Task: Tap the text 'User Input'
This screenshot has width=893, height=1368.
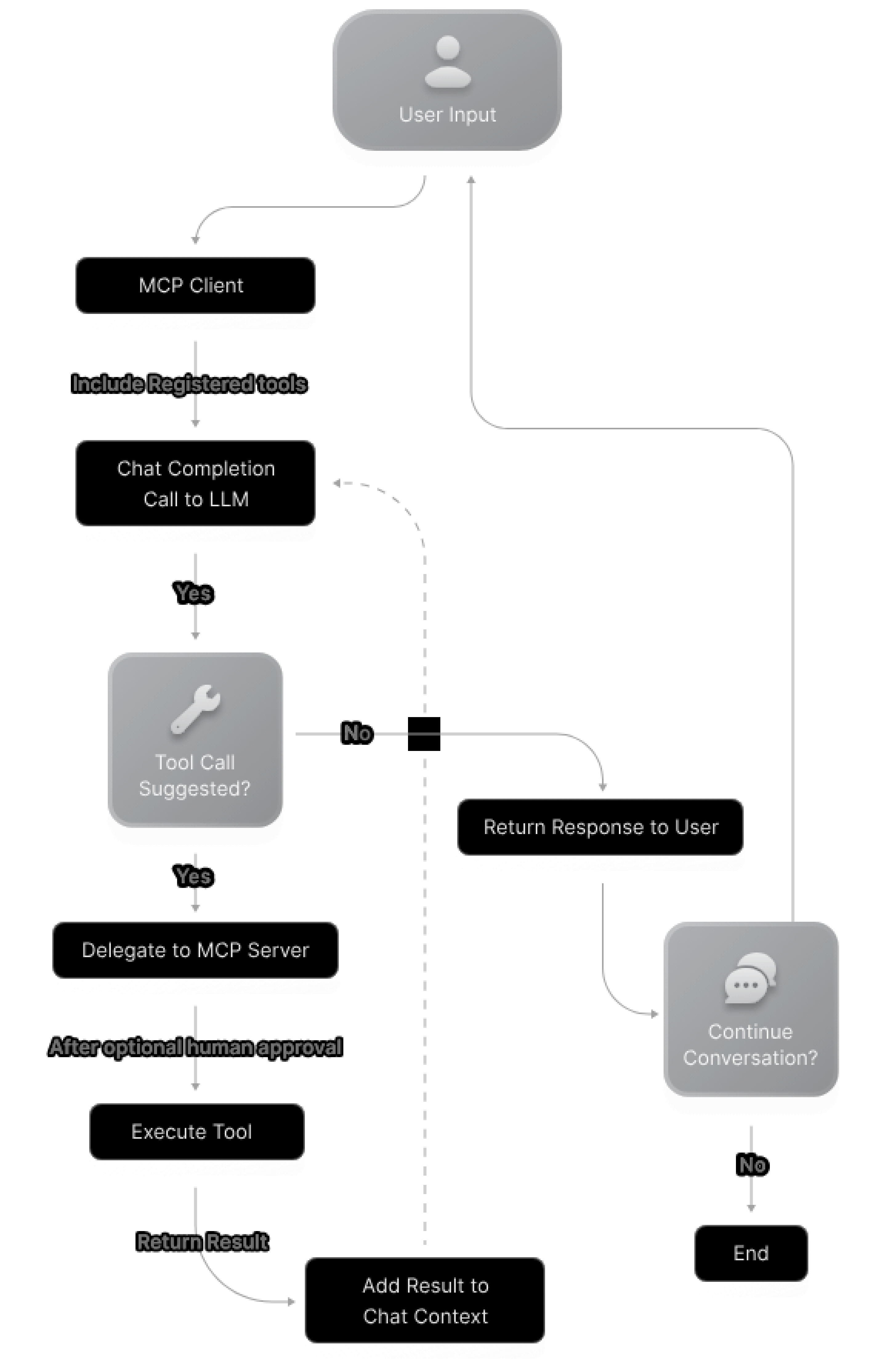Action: point(447,114)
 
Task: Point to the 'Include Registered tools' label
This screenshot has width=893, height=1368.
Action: point(188,384)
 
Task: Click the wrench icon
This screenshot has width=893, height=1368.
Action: point(195,709)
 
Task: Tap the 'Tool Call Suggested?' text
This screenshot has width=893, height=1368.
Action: point(195,775)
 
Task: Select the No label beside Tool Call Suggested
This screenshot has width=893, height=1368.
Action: point(357,733)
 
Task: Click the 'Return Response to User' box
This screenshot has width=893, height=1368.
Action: point(600,827)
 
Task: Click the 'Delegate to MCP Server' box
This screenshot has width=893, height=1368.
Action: point(195,950)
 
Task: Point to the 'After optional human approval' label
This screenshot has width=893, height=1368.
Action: point(196,1047)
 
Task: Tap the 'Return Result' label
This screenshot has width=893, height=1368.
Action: point(202,1242)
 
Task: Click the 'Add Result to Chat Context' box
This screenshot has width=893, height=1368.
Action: point(425,1301)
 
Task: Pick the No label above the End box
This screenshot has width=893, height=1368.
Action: point(752,1165)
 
